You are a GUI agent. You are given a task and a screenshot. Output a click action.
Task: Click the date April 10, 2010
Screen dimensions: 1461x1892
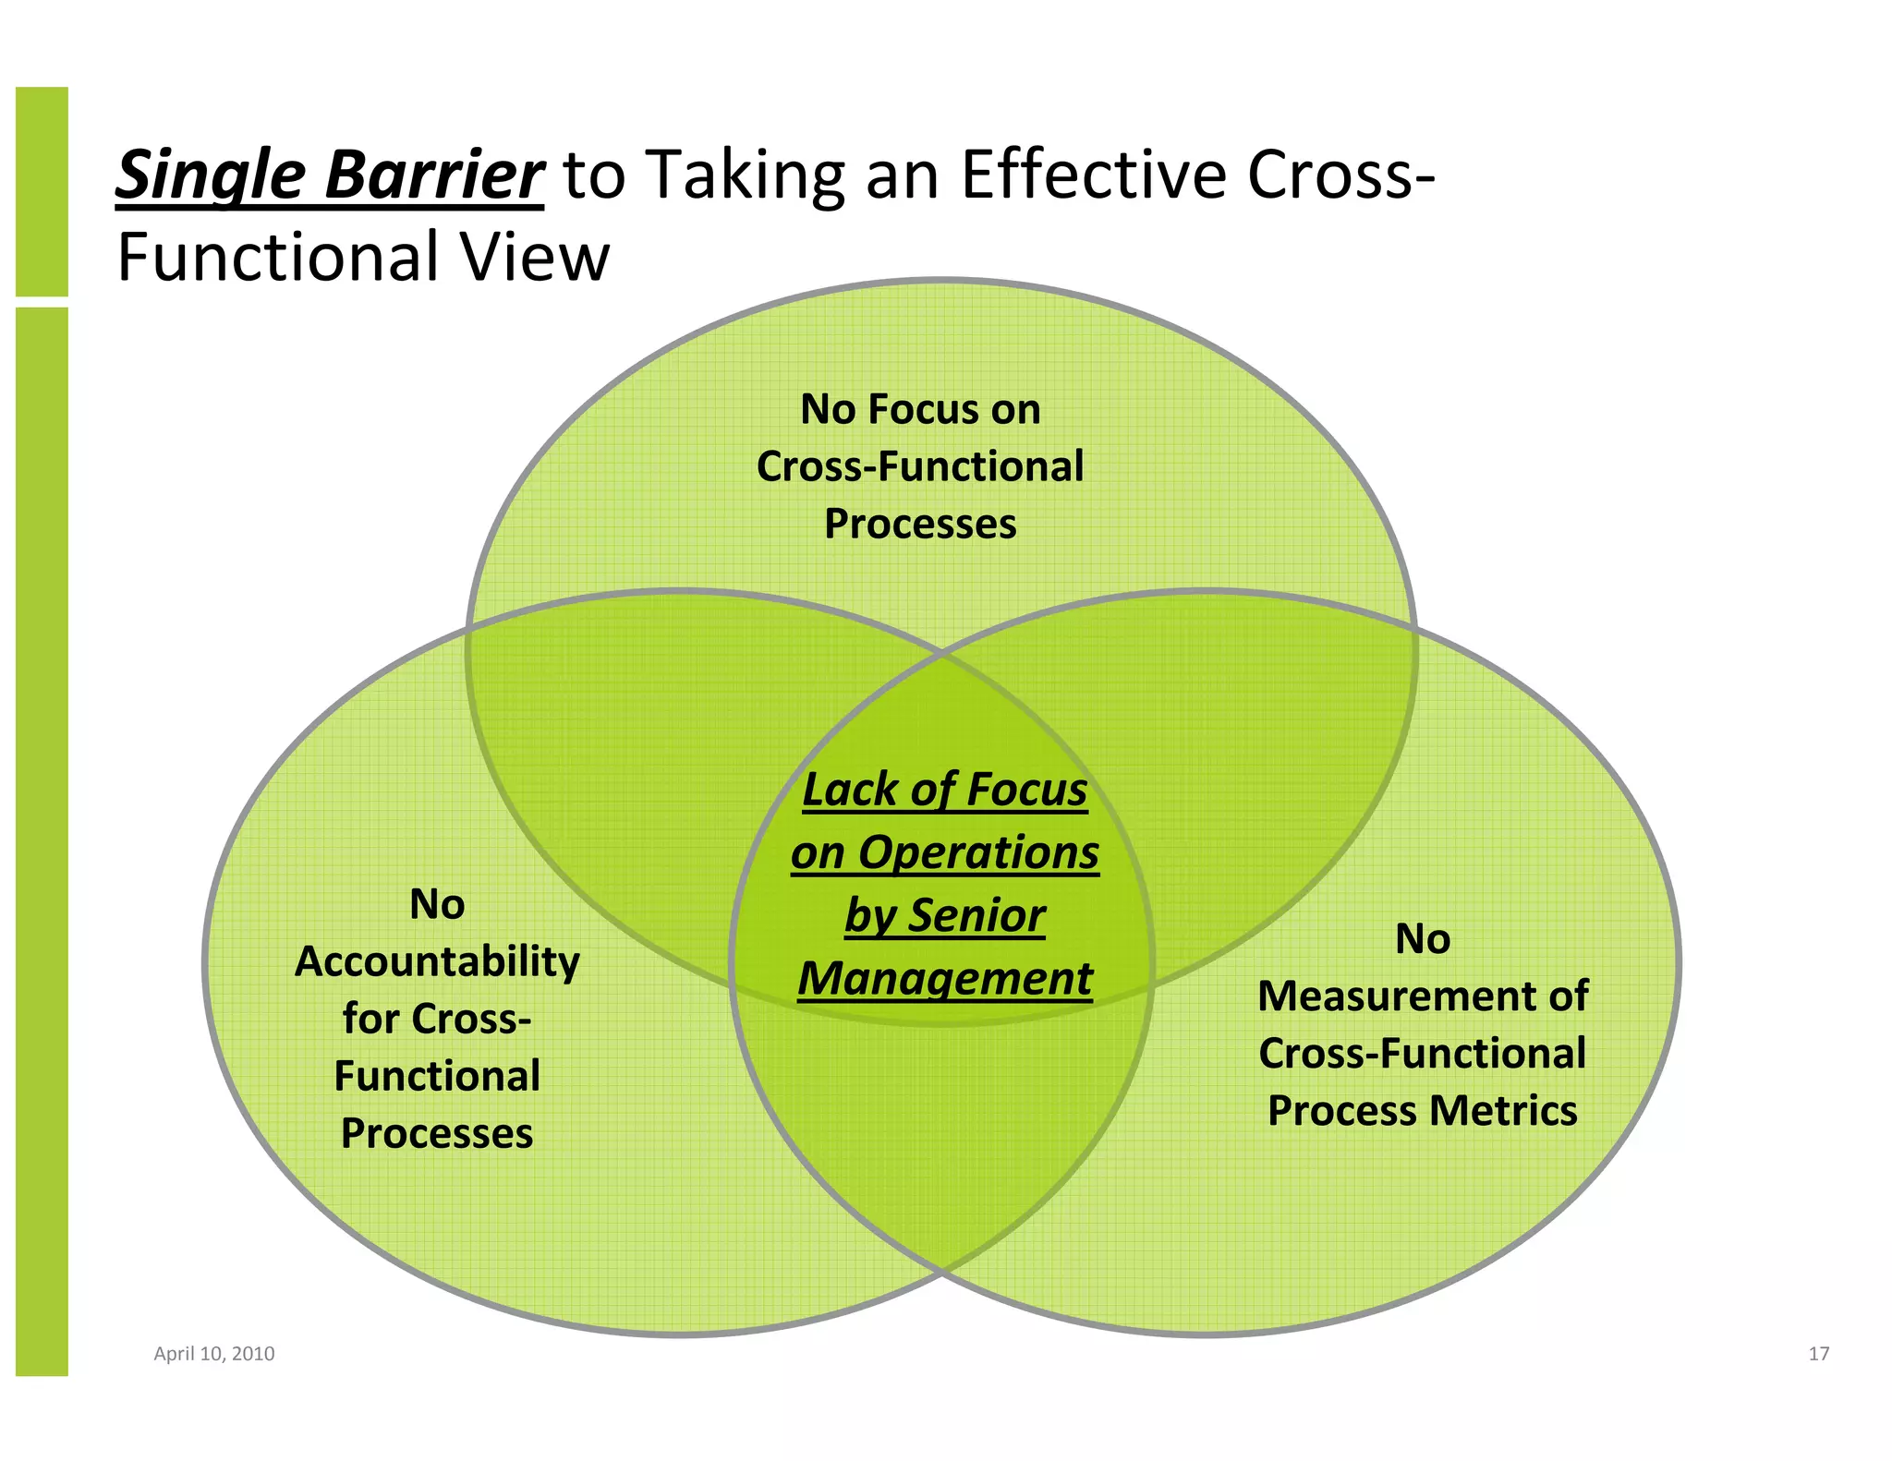coord(213,1354)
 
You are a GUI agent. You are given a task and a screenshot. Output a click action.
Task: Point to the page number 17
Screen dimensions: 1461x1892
coord(1818,1354)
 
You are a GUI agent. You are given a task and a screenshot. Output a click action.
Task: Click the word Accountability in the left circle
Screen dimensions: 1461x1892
coord(437,962)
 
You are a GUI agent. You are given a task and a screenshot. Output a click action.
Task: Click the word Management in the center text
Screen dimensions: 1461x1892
coord(945,979)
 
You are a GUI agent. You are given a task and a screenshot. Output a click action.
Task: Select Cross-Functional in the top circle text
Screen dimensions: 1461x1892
coord(920,466)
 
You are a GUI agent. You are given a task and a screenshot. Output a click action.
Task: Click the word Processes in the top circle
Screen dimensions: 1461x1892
coord(920,524)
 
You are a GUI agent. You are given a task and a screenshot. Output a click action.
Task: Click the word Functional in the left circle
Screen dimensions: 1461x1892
coord(437,1077)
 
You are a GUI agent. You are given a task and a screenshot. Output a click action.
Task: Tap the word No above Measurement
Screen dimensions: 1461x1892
coord(1423,939)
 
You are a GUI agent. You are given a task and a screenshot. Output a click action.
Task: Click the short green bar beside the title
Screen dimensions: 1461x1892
coord(42,191)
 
